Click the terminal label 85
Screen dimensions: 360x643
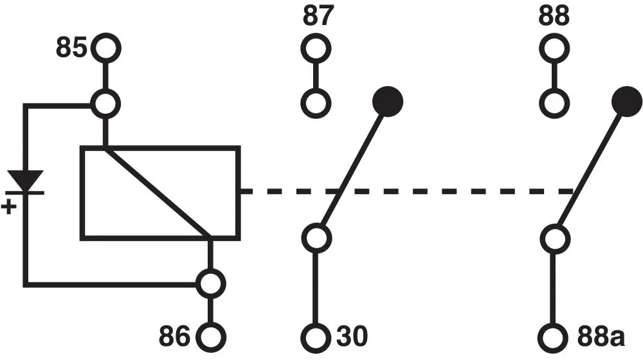pyautogui.click(x=71, y=49)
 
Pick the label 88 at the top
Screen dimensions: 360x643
pyautogui.click(x=553, y=17)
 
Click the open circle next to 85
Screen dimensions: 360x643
pyautogui.click(x=105, y=48)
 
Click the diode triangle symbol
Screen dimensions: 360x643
pyautogui.click(x=25, y=180)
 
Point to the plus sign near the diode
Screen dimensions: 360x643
pyautogui.click(x=10, y=207)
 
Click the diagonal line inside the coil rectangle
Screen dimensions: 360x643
pyautogui.click(x=159, y=193)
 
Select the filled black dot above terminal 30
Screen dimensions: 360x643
pyautogui.click(x=387, y=101)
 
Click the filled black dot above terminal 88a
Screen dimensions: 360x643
pyautogui.click(x=626, y=101)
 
